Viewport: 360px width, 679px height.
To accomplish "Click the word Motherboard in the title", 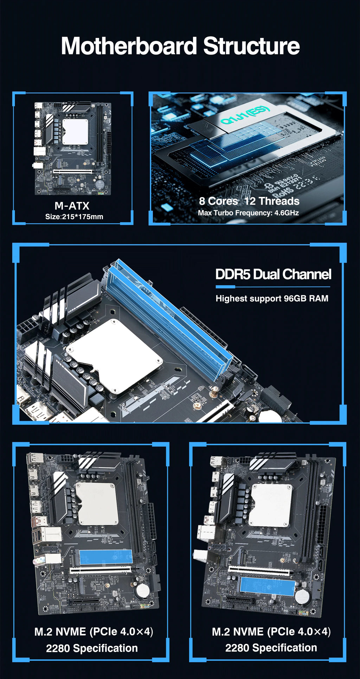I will point(129,46).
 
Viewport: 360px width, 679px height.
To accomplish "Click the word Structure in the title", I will point(251,46).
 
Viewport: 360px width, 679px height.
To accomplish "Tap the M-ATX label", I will point(72,206).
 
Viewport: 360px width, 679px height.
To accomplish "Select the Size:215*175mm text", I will point(74,217).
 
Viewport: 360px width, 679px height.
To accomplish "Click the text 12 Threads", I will point(272,201).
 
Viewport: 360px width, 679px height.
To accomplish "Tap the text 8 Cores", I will point(218,201).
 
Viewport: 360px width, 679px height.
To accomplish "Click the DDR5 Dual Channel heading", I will point(273,274).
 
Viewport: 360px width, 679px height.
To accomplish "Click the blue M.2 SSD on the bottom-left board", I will point(105,557).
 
